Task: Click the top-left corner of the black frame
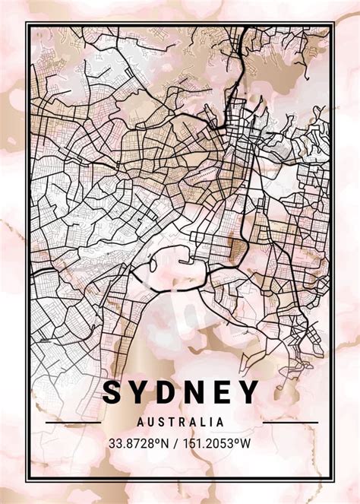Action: [x=26, y=24]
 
